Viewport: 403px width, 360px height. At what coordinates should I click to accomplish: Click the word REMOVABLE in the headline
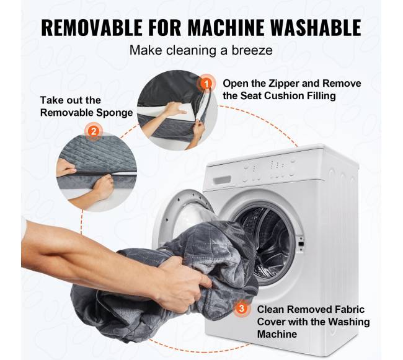pos(92,27)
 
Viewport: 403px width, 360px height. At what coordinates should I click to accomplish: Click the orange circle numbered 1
pos(206,83)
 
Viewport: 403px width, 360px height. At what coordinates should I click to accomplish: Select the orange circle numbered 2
pos(94,131)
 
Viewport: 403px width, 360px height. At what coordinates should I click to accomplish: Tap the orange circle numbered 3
pos(241,308)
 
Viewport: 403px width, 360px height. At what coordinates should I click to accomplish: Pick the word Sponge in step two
pos(115,113)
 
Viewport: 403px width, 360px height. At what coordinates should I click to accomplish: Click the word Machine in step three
pos(277,334)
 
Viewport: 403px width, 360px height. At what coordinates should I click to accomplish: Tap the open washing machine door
pos(180,218)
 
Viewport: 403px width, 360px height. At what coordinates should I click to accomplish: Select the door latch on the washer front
pos(301,243)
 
